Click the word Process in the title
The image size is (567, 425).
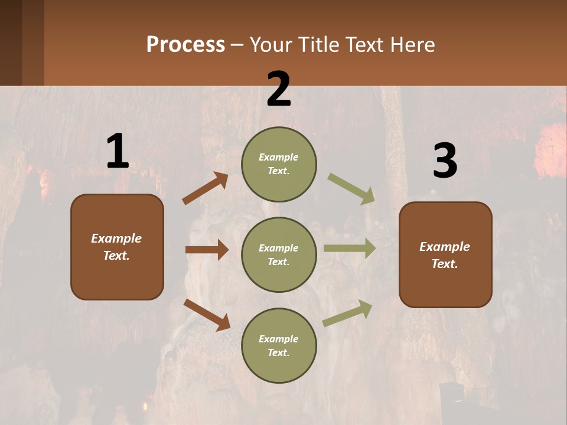[185, 45]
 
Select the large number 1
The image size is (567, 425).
[118, 152]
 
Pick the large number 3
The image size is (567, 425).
[445, 162]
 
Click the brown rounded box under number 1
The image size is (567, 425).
[117, 246]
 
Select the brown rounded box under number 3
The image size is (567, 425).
[445, 254]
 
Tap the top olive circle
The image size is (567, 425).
[279, 164]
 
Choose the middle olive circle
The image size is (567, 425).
[279, 254]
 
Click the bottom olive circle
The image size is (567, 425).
[279, 345]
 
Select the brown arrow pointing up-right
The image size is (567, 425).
[206, 188]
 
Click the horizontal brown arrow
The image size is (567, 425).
[207, 250]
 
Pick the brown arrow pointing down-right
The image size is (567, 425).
[207, 315]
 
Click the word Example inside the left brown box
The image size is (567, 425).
[116, 238]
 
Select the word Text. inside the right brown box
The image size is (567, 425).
[445, 264]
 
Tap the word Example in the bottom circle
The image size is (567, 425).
[278, 339]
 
